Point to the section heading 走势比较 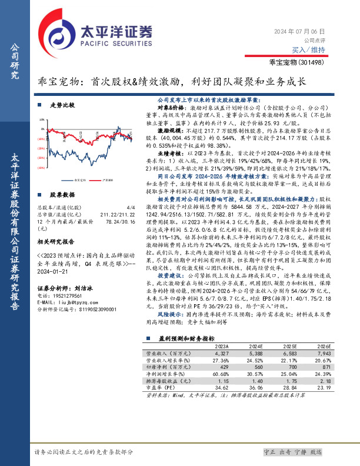click(x=62, y=105)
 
